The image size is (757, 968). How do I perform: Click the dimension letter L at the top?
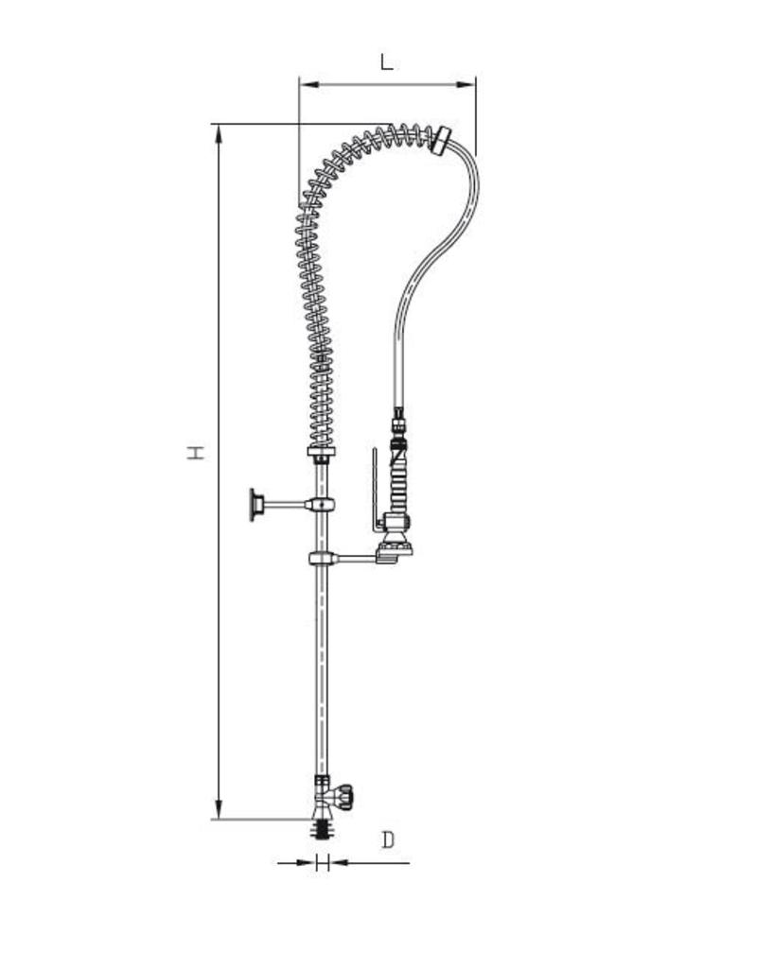coord(386,62)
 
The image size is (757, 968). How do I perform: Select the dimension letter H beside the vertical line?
coord(195,452)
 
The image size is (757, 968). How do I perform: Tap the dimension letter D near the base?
coord(388,839)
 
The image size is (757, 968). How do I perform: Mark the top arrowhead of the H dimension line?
coord(220,133)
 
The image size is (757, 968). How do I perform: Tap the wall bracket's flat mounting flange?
coord(254,505)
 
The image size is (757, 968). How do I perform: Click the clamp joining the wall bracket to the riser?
coord(322,505)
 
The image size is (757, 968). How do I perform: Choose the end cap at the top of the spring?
coord(441,140)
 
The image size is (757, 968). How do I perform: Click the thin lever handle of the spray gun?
coord(375,482)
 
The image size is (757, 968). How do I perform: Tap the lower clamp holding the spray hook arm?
coord(322,559)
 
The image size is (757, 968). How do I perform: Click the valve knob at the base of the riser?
coord(346,795)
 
